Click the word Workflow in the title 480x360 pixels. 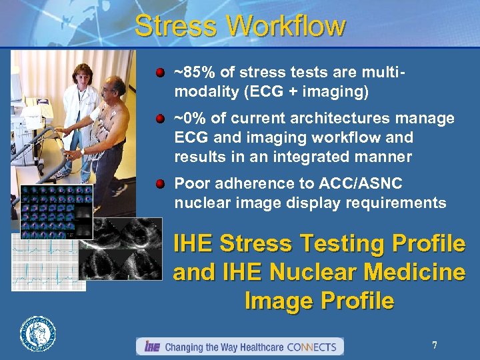286,27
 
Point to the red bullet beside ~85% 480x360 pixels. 161,71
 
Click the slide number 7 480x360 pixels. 434,345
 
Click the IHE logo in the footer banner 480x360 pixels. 151,347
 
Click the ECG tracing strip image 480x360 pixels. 48,264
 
